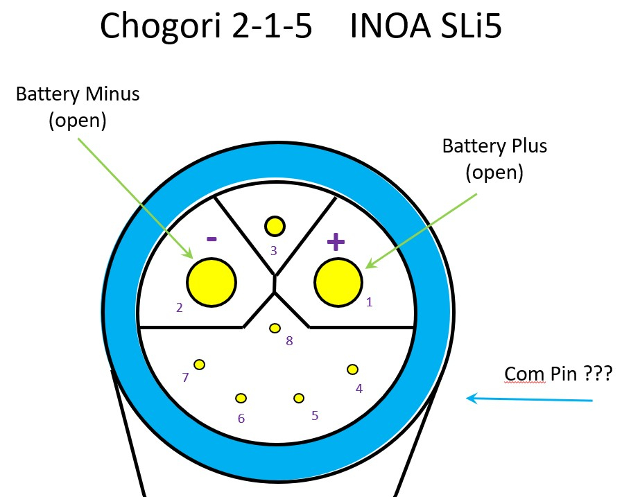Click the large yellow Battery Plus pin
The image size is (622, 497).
click(x=338, y=281)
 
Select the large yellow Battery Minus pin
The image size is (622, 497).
click(x=211, y=281)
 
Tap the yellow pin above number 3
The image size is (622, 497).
click(x=275, y=225)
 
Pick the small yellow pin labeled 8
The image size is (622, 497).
click(x=275, y=327)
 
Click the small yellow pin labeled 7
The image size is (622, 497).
click(x=200, y=364)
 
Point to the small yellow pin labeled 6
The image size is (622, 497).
click(x=241, y=398)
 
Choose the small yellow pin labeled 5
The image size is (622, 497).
click(x=299, y=398)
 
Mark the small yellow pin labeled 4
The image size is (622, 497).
click(x=352, y=369)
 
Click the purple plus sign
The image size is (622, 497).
click(x=336, y=242)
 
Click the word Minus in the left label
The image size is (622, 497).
click(x=112, y=94)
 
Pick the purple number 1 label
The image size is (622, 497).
click(x=369, y=302)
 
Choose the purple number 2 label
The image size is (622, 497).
click(x=180, y=307)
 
